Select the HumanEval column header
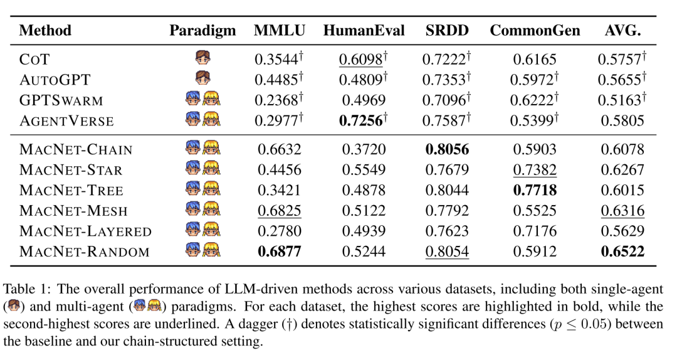(x=364, y=30)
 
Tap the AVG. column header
(x=622, y=30)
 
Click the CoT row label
(x=34, y=60)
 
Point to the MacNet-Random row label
(x=85, y=252)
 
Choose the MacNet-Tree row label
(x=71, y=191)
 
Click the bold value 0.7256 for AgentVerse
(x=361, y=120)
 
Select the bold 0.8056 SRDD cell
(x=448, y=150)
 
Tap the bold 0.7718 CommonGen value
(x=535, y=191)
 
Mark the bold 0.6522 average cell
(x=622, y=252)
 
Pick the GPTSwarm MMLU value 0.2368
(x=276, y=100)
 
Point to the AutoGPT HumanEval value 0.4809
(x=361, y=80)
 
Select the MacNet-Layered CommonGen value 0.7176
(x=535, y=231)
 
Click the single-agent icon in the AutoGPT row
(x=203, y=79)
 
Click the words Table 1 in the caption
(x=23, y=289)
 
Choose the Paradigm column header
(x=202, y=30)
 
